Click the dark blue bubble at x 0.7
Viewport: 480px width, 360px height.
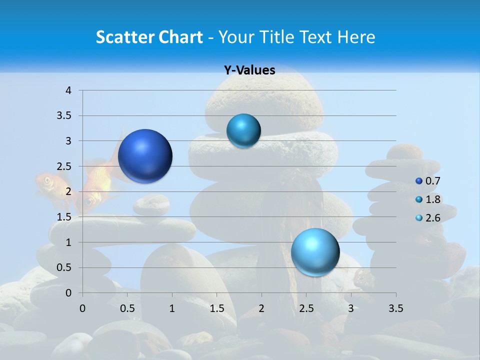click(x=145, y=156)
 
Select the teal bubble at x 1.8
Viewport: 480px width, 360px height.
click(x=243, y=130)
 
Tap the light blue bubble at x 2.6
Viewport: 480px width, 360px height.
click(x=315, y=252)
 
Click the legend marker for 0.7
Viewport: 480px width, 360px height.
click(x=419, y=181)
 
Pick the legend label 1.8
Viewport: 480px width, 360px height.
click(x=433, y=199)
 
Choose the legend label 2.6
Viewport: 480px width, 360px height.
click(x=433, y=217)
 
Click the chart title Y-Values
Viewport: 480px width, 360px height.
click(x=249, y=70)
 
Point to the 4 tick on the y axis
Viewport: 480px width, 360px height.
click(x=69, y=90)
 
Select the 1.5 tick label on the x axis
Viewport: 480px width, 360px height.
click(x=216, y=308)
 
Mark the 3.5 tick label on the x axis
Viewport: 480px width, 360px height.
click(x=395, y=308)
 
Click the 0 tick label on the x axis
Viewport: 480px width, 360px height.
click(x=82, y=308)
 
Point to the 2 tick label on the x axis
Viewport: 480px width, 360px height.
click(x=261, y=308)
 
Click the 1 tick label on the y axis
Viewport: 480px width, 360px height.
click(x=69, y=242)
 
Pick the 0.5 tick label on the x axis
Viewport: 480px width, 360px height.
click(x=127, y=308)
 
